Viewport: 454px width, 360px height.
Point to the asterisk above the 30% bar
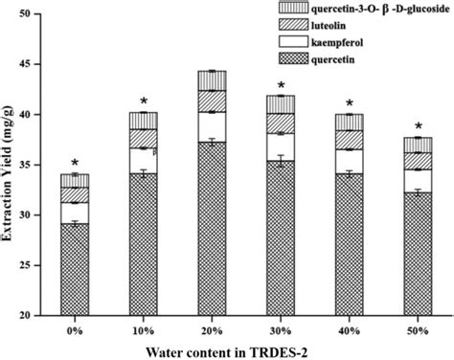[281, 86]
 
